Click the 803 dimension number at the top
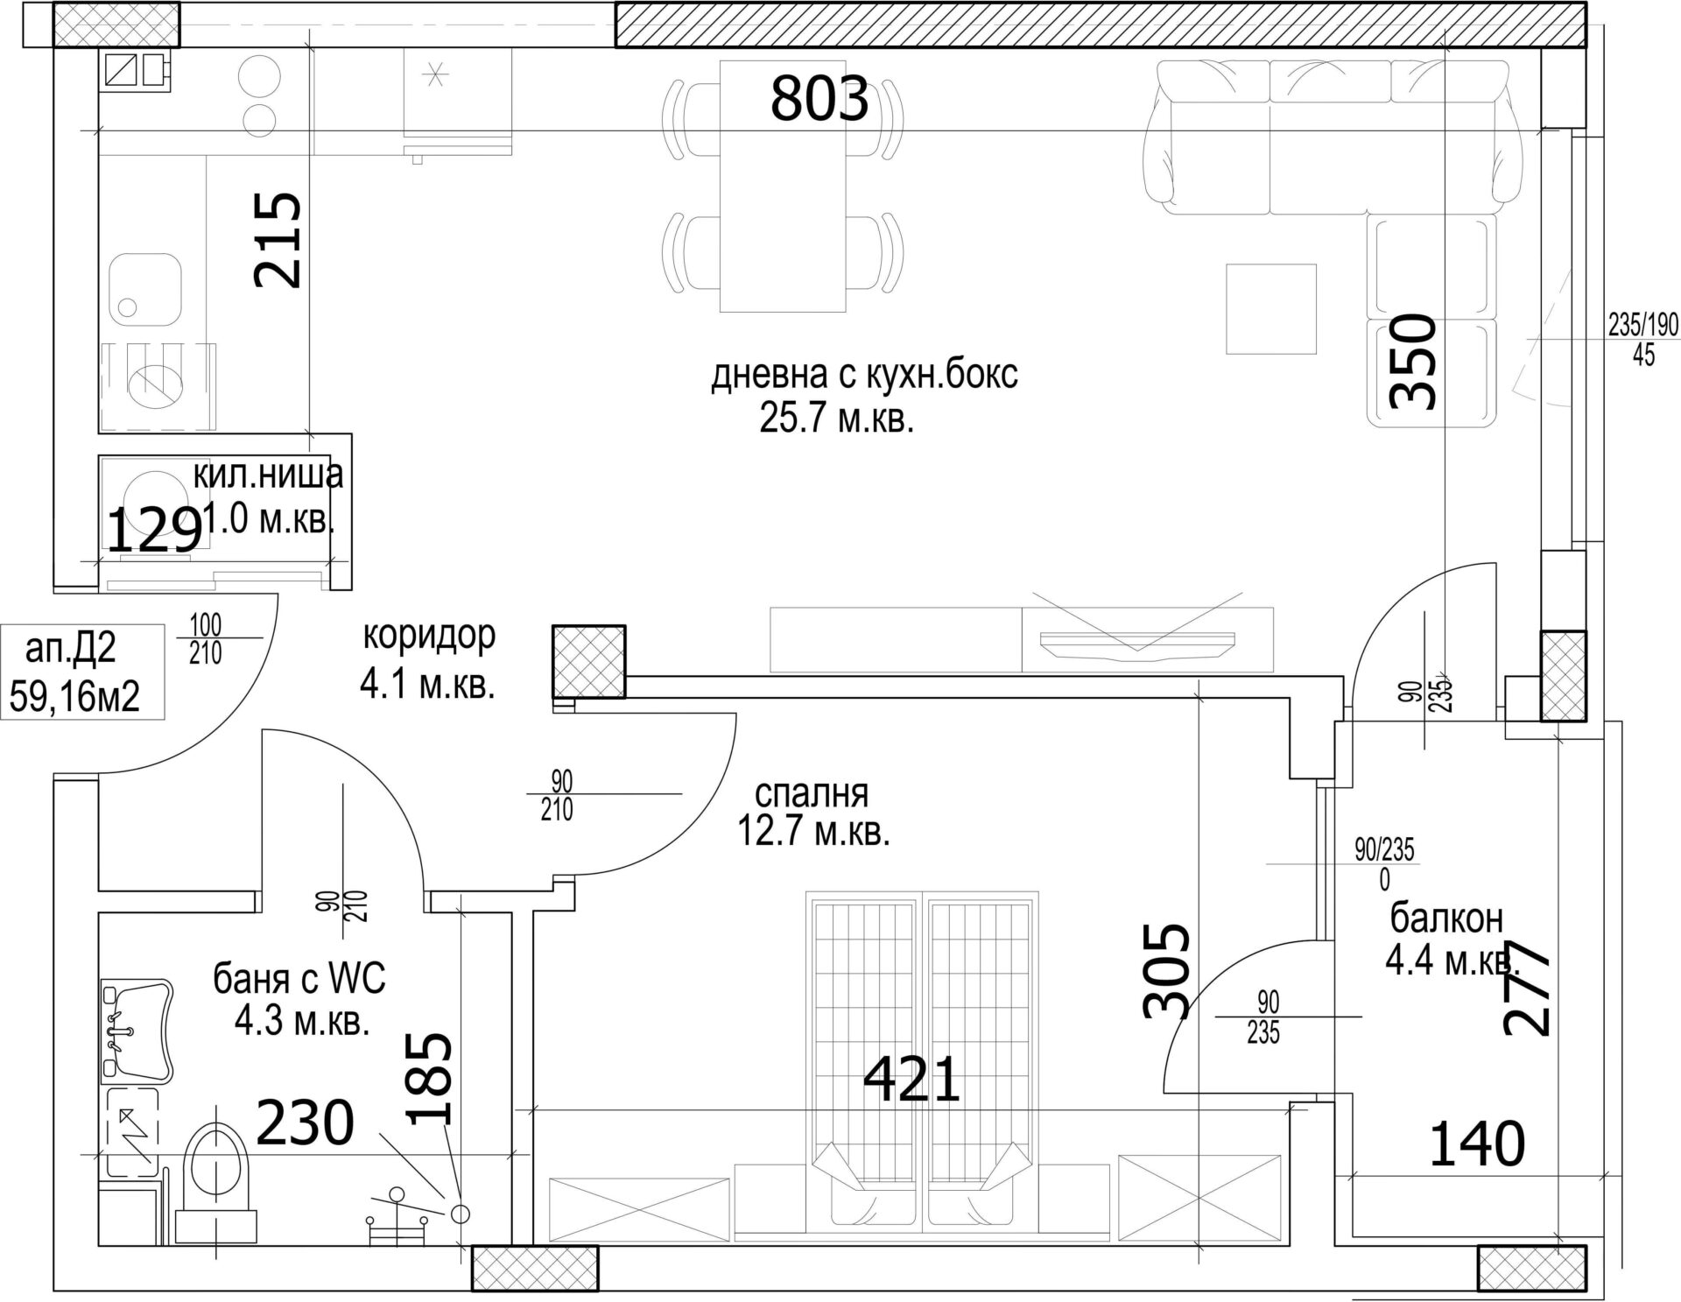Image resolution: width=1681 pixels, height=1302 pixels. coord(819,98)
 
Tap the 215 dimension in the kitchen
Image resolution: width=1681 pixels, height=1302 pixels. coord(278,240)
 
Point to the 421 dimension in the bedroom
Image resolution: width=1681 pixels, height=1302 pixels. coord(911,1080)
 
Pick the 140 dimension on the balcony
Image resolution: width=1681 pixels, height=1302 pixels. coord(1477,1144)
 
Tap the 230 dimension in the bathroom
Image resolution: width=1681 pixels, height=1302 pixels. coord(305,1123)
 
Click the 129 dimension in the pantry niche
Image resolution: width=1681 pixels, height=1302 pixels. coord(154,531)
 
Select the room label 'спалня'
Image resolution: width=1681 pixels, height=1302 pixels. coord(812,793)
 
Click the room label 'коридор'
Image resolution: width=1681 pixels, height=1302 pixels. coord(429,635)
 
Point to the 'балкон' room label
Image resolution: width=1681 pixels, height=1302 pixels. coord(1446,919)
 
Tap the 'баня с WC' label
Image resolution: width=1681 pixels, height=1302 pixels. coord(299,979)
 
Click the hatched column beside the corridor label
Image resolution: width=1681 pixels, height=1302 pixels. coord(588,661)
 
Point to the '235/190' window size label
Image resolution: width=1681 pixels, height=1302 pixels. coord(1643,327)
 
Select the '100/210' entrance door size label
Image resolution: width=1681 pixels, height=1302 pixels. coord(205,625)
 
